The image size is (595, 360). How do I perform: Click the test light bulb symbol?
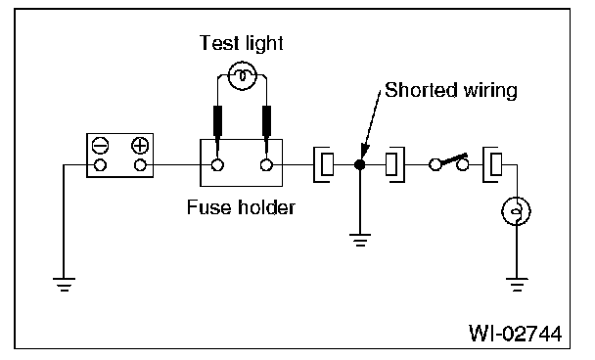(x=243, y=76)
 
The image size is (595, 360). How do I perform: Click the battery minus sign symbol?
(x=100, y=146)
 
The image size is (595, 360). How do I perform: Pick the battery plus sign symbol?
(x=140, y=146)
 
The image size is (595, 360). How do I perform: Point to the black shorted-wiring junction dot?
(x=359, y=164)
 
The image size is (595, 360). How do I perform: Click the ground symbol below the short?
(x=360, y=240)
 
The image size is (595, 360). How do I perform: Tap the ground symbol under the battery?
(x=65, y=285)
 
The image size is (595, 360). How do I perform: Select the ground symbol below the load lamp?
(x=517, y=285)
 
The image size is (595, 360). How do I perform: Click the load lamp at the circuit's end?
(x=516, y=211)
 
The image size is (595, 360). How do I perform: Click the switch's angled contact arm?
(x=453, y=159)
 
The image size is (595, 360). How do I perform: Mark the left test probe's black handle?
(x=217, y=120)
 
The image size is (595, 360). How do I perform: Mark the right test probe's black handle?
(x=267, y=120)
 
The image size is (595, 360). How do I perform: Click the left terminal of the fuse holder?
(x=217, y=165)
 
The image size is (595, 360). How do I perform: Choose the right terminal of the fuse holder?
(x=266, y=165)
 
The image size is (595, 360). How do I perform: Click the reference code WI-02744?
(x=515, y=333)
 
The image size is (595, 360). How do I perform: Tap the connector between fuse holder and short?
(x=324, y=164)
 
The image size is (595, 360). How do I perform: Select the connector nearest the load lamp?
(x=492, y=164)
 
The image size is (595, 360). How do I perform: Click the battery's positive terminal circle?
(x=140, y=165)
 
